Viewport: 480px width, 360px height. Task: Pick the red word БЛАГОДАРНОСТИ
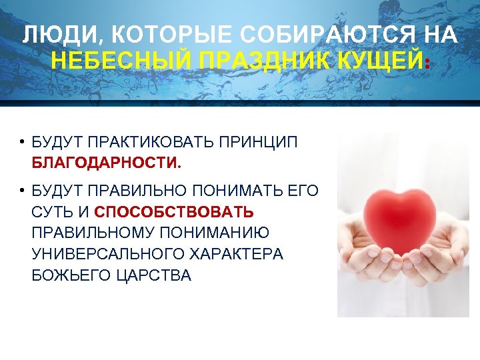click(105, 163)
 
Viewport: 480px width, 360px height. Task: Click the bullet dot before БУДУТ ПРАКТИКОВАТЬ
click(22, 143)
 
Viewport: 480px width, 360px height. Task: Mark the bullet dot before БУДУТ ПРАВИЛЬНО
click(22, 193)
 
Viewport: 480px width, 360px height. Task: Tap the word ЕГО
click(304, 192)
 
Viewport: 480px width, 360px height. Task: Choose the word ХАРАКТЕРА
click(238, 254)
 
